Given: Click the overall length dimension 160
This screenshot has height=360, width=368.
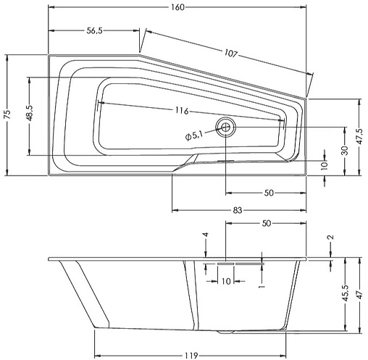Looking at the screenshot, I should point(178,7).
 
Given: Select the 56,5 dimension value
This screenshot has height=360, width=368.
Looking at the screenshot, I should point(93,31).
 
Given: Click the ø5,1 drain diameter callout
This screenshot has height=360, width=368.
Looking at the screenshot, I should point(196,134).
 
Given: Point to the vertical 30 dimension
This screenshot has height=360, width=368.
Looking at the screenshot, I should point(346,150).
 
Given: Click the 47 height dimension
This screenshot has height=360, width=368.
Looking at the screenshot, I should point(359,296).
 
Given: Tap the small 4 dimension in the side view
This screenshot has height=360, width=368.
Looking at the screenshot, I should point(206,236).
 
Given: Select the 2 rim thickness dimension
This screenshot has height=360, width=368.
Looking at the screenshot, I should point(330,238).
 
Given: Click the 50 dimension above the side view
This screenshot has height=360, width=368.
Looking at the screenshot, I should point(266,224).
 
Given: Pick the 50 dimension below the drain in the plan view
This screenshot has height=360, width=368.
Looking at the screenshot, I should point(268,193).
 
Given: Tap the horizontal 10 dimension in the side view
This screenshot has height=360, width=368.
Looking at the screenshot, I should point(225,281).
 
